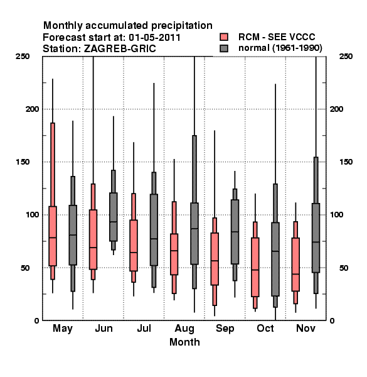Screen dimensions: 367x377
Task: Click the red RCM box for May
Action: click(x=53, y=236)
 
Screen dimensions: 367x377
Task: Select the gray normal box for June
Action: click(x=114, y=217)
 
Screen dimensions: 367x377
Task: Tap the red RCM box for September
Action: click(x=215, y=259)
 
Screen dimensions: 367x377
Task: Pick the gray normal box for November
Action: click(x=316, y=238)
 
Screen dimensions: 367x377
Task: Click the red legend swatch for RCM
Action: click(x=224, y=37)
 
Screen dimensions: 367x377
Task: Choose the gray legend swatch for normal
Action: click(x=224, y=48)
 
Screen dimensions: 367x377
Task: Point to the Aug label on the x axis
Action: click(x=184, y=329)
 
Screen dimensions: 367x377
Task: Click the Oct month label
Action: click(x=265, y=328)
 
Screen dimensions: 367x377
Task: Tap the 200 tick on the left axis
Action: click(x=32, y=109)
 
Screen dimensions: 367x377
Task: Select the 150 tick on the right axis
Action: click(x=346, y=162)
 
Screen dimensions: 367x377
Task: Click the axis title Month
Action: click(x=184, y=342)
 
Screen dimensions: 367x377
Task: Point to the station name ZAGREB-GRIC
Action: click(x=120, y=49)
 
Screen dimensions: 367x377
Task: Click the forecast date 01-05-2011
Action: click(x=154, y=37)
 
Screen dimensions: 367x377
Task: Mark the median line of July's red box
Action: click(x=134, y=253)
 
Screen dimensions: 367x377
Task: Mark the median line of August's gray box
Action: click(x=194, y=229)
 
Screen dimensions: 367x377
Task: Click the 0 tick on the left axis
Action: click(x=36, y=320)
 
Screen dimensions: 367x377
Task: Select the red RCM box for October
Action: click(x=255, y=267)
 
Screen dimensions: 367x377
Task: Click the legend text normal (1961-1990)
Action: click(x=280, y=48)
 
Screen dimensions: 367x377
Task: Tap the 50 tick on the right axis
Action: click(x=344, y=268)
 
